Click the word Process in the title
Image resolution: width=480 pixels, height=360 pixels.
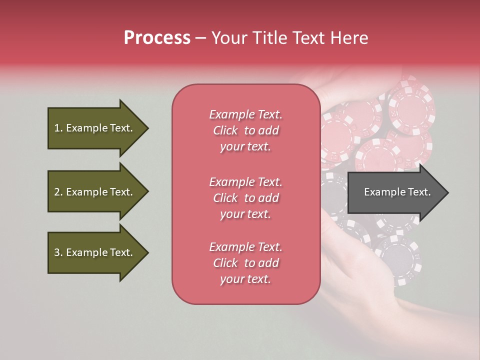tap(157, 38)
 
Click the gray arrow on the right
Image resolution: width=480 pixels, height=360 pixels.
tap(395, 192)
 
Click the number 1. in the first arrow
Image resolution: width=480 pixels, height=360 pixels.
tap(58, 128)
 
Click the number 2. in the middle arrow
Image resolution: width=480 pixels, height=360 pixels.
tap(58, 192)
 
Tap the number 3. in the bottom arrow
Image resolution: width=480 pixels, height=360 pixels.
tap(58, 252)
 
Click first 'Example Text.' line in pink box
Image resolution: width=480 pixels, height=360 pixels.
tap(245, 114)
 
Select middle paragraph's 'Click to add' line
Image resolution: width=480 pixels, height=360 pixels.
tap(245, 198)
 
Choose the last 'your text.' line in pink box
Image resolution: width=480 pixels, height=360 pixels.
tap(245, 279)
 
